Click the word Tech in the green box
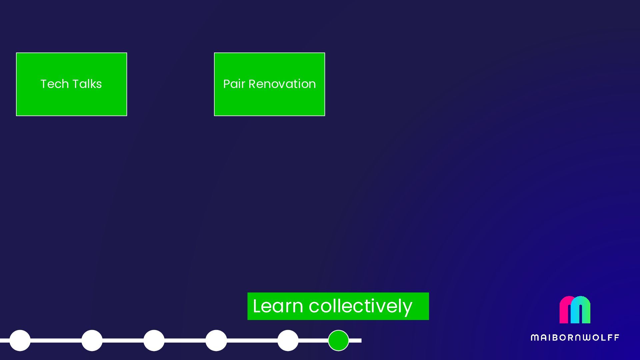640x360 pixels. (54, 84)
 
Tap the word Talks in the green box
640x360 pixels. (87, 84)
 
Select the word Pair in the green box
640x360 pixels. (234, 84)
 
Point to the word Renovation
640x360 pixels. (282, 84)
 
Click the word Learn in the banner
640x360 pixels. (278, 306)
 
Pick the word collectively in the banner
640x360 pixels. (360, 306)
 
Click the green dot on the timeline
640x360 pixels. (338, 340)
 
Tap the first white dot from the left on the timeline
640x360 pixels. (20, 340)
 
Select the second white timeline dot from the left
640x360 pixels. (92, 340)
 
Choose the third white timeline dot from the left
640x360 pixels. (154, 340)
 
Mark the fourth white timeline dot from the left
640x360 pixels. (216, 340)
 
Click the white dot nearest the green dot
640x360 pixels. (288, 340)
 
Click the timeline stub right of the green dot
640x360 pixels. (355, 340)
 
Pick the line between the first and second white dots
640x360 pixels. (56, 340)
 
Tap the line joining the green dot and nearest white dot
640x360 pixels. (313, 340)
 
